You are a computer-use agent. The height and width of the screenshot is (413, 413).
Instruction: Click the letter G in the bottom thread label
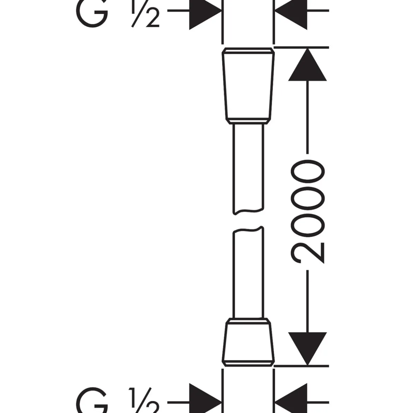(92, 400)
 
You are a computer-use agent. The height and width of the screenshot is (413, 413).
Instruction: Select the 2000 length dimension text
(308, 212)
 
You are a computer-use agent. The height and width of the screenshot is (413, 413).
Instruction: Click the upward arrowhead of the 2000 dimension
(307, 65)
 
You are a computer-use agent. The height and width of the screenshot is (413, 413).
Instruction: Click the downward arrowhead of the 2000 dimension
(307, 348)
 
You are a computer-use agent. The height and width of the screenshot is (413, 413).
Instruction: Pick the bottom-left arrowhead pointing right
(205, 398)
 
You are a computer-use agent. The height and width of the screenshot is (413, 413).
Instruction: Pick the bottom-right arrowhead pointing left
(291, 398)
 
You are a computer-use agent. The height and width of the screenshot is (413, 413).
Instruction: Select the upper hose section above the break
(248, 169)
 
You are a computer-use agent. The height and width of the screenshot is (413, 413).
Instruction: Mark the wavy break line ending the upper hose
(248, 211)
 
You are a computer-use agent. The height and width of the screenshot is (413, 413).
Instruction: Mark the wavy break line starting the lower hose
(248, 230)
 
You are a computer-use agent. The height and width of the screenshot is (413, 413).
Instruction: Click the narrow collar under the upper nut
(248, 121)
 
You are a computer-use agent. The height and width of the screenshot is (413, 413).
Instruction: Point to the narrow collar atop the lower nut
(248, 321)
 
